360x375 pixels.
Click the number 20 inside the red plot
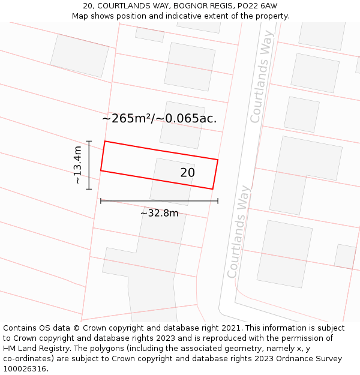coord(187,173)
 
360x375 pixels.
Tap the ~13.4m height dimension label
coord(77,165)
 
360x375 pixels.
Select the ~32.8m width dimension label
coord(160,213)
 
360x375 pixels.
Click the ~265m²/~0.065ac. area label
coord(159,119)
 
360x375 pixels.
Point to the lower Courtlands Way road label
coord(238,232)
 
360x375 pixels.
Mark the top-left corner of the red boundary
coord(105,142)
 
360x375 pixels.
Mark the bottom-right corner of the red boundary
coord(212,189)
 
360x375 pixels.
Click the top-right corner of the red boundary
coord(218,160)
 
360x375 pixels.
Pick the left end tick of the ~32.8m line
coord(101,201)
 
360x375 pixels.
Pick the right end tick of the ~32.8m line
coord(218,201)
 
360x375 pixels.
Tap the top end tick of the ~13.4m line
coord(89,141)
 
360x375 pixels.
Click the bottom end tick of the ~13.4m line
coord(89,189)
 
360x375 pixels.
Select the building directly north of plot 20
coord(182,125)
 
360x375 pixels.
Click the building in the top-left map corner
coord(79,55)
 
